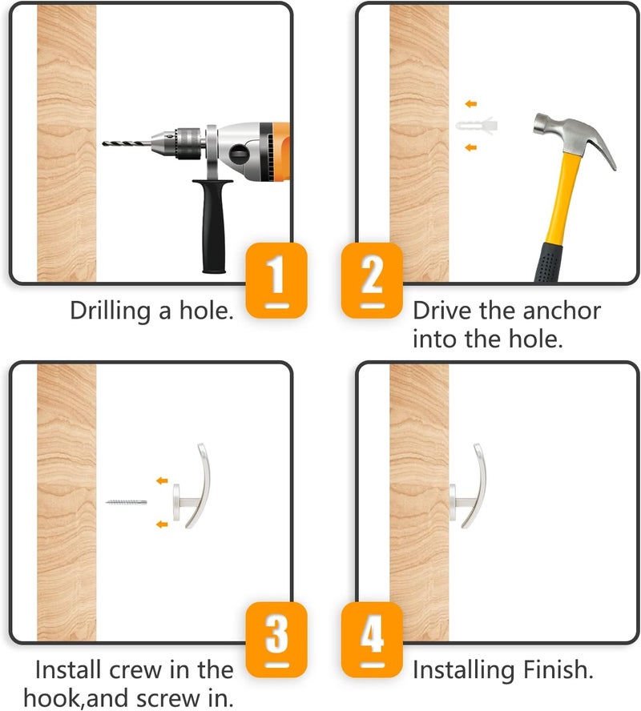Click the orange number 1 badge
tap(276, 279)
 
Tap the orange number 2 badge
tap(372, 279)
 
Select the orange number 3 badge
tap(276, 640)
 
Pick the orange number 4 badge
tap(372, 640)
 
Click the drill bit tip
tap(103, 143)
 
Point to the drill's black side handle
tap(213, 225)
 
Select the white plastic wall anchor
tap(477, 125)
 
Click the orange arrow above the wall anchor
tap(471, 104)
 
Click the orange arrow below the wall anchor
tap(471, 147)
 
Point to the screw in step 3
tap(126, 502)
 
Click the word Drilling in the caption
tap(111, 311)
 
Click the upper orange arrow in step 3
tap(162, 480)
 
